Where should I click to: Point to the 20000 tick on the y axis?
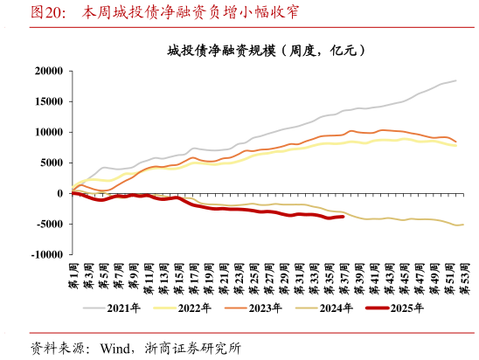(47, 71)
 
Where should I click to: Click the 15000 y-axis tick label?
(47, 101)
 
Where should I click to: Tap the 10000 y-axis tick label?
(47, 132)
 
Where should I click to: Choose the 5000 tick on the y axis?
(51, 163)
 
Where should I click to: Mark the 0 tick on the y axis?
(59, 193)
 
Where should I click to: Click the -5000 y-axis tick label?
(49, 224)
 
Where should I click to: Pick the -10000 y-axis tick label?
(46, 255)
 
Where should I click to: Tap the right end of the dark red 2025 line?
(343, 217)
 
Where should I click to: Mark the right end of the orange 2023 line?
(455, 142)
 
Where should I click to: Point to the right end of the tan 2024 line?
(462, 225)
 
